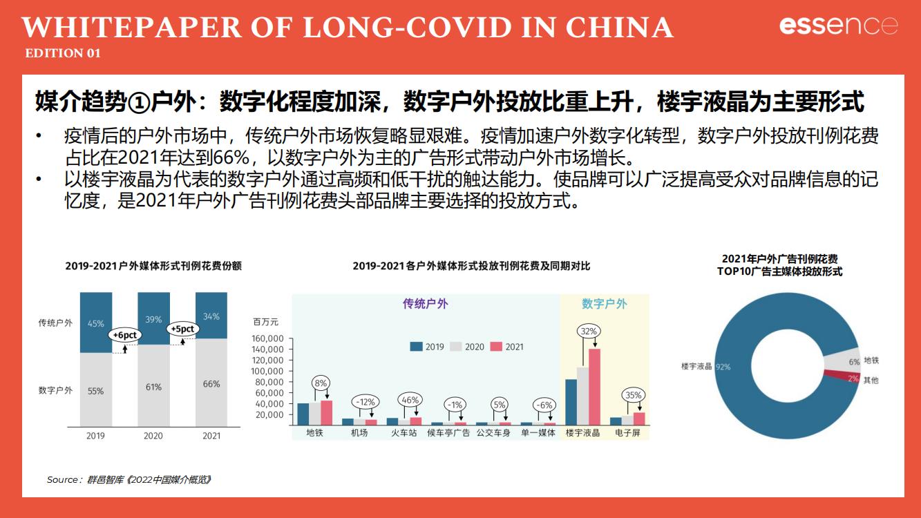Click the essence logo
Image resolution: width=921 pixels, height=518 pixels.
(x=839, y=26)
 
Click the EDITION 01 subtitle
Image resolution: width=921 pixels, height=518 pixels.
(x=63, y=53)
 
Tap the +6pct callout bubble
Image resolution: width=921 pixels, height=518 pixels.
(x=125, y=335)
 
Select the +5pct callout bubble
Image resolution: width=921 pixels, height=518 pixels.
(x=182, y=329)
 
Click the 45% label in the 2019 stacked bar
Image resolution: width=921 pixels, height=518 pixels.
(x=96, y=323)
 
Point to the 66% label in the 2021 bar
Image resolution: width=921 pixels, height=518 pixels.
(x=211, y=384)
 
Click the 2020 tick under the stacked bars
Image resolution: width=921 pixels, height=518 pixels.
(x=153, y=436)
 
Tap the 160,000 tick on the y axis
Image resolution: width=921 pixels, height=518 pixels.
(x=268, y=338)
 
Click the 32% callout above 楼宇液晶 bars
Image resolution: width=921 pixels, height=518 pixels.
(x=589, y=332)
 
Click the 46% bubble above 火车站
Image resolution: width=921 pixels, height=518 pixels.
(x=411, y=400)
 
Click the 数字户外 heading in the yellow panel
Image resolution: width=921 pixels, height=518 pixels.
(x=605, y=304)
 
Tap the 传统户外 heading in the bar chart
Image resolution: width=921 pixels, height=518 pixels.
(x=426, y=304)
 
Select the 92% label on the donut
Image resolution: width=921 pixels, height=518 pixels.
(x=723, y=367)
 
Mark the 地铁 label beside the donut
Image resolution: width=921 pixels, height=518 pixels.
(x=871, y=361)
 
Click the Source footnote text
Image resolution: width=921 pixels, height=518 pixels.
(x=129, y=479)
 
